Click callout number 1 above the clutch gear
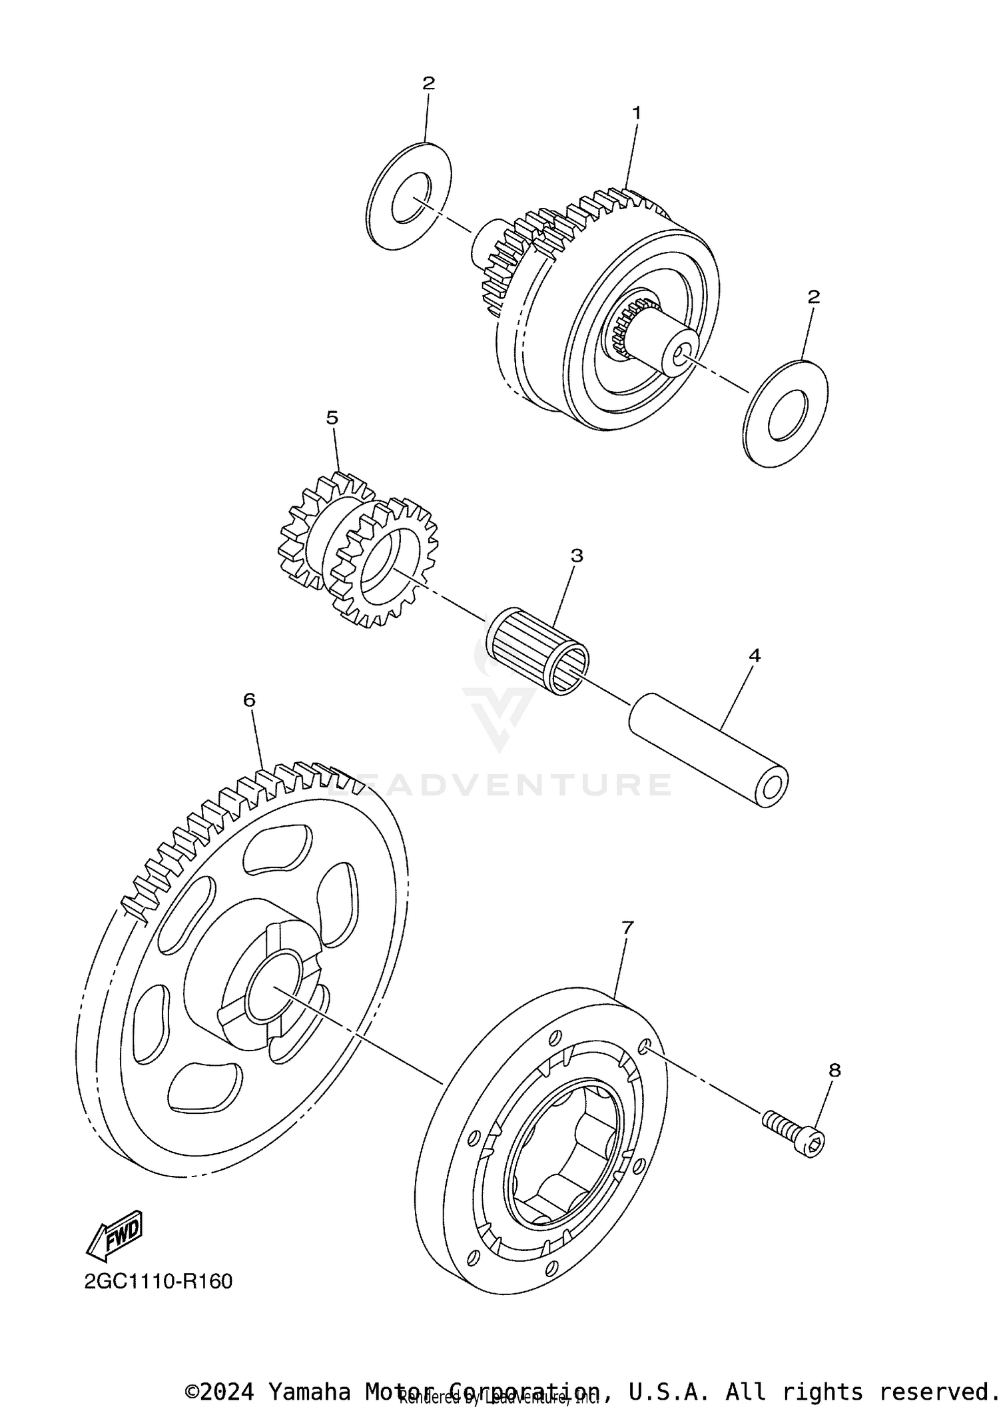pyautogui.click(x=636, y=113)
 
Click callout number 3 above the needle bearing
pyautogui.click(x=577, y=555)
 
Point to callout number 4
pyautogui.click(x=754, y=656)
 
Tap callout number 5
pyautogui.click(x=332, y=418)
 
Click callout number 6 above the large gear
pyautogui.click(x=249, y=700)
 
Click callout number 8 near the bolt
pyautogui.click(x=834, y=1071)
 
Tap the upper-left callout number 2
pyautogui.click(x=428, y=83)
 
